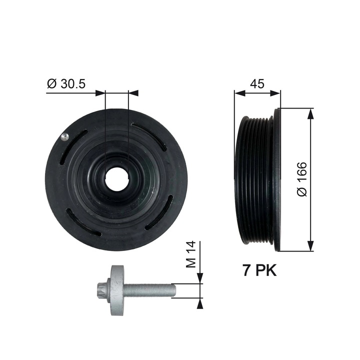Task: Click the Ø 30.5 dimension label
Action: click(x=66, y=84)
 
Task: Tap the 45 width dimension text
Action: click(x=256, y=84)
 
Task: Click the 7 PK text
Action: click(x=259, y=270)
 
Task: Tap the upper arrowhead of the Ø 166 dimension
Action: click(x=311, y=112)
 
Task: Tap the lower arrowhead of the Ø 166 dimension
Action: click(x=311, y=246)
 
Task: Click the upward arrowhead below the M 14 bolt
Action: click(x=200, y=302)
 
